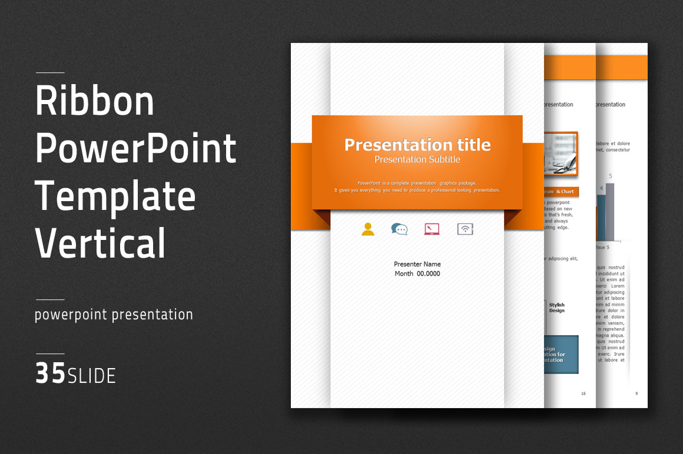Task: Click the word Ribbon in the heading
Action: [95, 101]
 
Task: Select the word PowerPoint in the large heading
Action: [136, 149]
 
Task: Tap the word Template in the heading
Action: [115, 196]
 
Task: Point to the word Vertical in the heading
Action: [101, 242]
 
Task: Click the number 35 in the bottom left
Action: [50, 374]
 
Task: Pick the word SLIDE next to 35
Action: [92, 376]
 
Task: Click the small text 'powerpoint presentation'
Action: [114, 315]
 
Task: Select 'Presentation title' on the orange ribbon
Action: [417, 145]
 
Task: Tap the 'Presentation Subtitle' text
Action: [417, 159]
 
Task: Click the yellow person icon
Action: [368, 229]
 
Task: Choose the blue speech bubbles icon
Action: [399, 229]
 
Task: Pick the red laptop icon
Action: [432, 229]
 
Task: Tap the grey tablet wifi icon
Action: [465, 229]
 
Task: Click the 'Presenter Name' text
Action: [417, 264]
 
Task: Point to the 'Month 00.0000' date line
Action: [417, 273]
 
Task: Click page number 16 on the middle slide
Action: [583, 393]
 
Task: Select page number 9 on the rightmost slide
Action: [636, 393]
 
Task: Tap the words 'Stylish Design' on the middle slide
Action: [556, 308]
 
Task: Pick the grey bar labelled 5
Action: [610, 212]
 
